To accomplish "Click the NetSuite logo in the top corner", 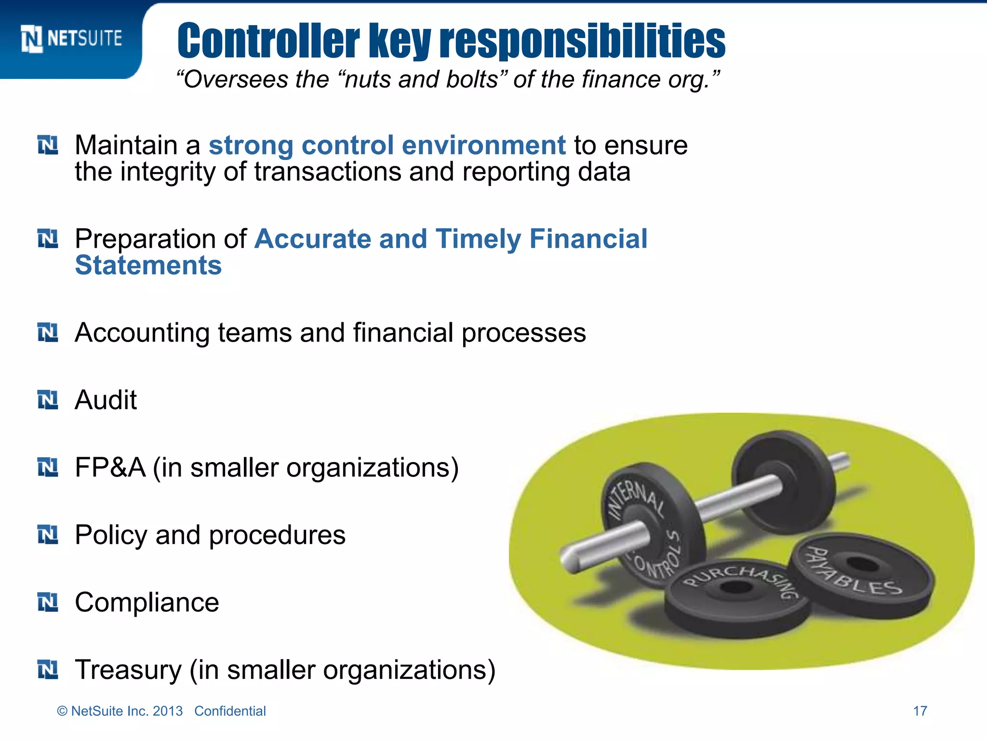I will click(x=71, y=39).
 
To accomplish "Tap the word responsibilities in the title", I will click(x=583, y=41).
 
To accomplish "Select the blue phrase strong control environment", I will click(x=387, y=145).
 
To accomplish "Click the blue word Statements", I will click(x=148, y=265).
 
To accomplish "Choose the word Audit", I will click(x=106, y=400).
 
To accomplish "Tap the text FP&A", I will click(x=110, y=467).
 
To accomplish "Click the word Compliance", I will click(x=147, y=602).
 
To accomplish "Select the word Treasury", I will click(x=128, y=670).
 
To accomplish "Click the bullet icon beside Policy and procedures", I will click(x=48, y=535).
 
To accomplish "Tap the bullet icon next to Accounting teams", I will click(x=48, y=332).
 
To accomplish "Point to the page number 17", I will click(x=920, y=711).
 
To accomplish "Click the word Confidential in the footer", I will click(x=230, y=711).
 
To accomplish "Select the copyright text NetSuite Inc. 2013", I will click(x=126, y=711).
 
